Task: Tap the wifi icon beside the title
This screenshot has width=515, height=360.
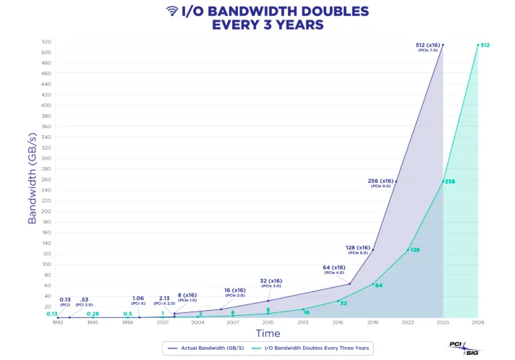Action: click(172, 11)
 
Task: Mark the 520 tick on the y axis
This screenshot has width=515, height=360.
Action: click(47, 42)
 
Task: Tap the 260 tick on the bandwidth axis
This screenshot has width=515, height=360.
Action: click(47, 179)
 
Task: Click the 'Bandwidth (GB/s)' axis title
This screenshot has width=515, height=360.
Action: click(32, 178)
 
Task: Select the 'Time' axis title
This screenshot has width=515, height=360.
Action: click(268, 333)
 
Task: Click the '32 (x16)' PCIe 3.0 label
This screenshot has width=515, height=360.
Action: click(271, 283)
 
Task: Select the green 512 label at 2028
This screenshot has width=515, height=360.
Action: click(485, 46)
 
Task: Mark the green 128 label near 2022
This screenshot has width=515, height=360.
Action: click(414, 250)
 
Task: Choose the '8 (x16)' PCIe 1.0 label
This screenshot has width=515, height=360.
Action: click(187, 296)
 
